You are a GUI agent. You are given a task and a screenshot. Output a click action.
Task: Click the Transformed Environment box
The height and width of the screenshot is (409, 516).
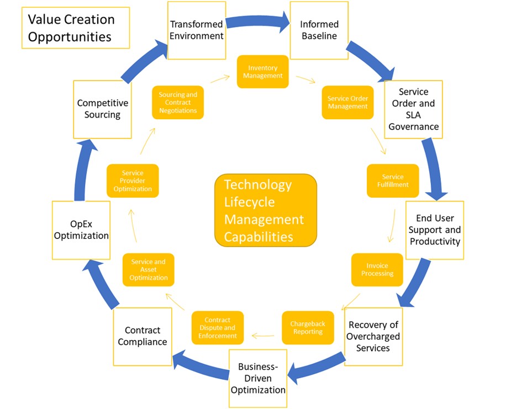point(196,30)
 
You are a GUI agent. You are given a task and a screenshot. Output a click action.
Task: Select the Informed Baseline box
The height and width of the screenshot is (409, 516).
point(319,30)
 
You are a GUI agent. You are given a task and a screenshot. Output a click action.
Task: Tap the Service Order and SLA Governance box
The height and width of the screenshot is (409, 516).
point(413,109)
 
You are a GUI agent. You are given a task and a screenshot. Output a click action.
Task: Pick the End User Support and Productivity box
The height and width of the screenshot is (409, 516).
point(434,230)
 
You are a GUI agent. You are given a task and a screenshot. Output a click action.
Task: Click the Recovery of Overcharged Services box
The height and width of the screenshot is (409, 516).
point(373,336)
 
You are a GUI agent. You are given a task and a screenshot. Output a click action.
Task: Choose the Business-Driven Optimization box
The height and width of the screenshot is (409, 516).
point(258,378)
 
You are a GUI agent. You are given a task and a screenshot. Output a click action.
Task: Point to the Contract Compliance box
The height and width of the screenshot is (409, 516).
point(143,336)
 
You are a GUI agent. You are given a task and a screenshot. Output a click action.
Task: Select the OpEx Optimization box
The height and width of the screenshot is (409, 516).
point(81,230)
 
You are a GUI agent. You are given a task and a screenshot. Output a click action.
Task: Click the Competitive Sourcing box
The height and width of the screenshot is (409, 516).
point(102,109)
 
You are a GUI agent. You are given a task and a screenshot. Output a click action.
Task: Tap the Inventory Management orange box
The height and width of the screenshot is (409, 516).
point(263,72)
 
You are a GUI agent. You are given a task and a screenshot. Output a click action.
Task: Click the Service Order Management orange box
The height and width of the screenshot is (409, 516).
point(347,103)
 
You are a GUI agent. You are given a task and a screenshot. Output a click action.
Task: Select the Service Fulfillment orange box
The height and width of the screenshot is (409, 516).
point(393,181)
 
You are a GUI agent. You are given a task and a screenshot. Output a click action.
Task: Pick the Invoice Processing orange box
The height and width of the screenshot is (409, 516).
point(377,269)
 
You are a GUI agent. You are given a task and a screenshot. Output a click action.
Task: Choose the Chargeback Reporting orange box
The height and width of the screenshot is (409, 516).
point(308,328)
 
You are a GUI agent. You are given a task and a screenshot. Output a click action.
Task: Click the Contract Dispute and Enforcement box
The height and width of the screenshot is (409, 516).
point(218,328)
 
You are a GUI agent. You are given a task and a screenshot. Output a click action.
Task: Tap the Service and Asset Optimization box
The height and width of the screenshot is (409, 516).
point(148,269)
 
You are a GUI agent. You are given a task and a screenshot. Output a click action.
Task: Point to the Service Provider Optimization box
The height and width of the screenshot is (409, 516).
point(133,181)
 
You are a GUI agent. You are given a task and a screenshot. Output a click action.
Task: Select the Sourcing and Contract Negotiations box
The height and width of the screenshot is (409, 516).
point(178,103)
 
